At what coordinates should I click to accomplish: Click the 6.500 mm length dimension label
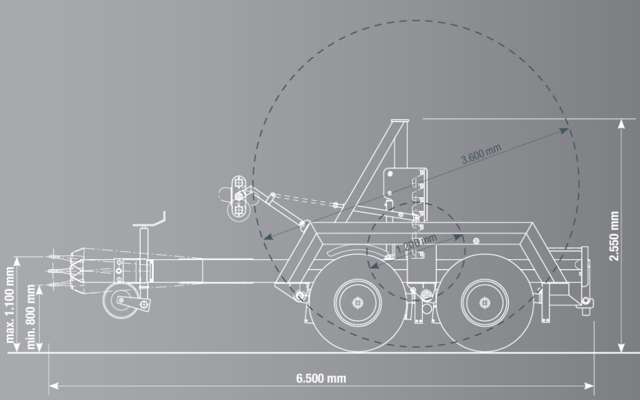tap(321, 378)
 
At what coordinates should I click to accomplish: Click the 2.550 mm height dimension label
tap(614, 236)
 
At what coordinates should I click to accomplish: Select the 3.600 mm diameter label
tap(481, 153)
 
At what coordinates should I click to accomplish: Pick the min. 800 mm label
tap(31, 317)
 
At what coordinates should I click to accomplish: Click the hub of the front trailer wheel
tap(357, 302)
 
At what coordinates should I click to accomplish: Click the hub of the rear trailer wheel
tap(484, 302)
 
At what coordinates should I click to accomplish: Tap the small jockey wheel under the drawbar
tap(121, 300)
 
